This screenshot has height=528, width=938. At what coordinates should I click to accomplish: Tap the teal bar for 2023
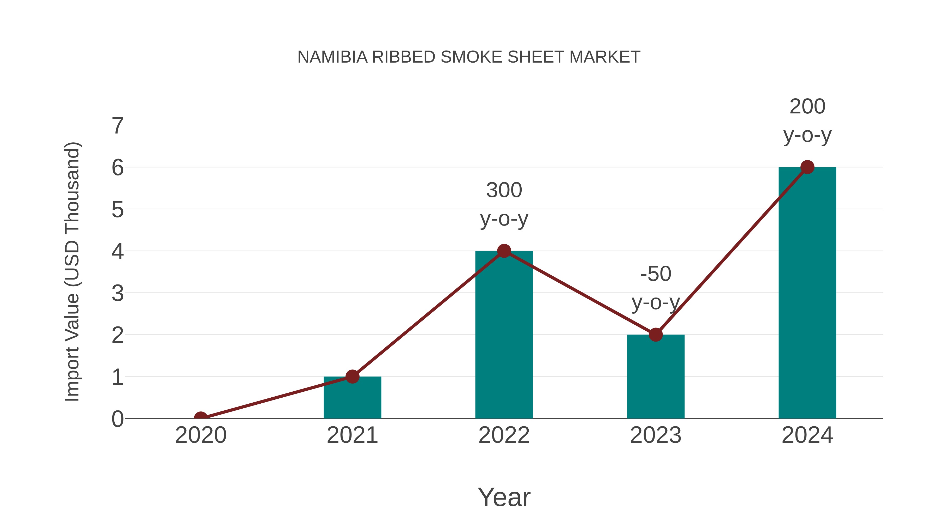tap(656, 377)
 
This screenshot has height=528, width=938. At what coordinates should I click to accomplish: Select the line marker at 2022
tap(504, 251)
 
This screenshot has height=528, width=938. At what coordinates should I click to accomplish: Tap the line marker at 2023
tap(656, 335)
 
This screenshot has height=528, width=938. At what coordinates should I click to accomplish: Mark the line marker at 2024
tap(807, 167)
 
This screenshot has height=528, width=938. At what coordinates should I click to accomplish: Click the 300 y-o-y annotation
tap(504, 204)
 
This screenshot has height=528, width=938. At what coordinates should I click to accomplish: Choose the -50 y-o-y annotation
tap(656, 288)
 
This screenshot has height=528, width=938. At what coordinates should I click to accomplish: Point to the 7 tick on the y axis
tap(118, 126)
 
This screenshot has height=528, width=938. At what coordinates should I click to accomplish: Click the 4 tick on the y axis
tap(118, 251)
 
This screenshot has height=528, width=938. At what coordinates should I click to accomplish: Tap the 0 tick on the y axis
tap(118, 419)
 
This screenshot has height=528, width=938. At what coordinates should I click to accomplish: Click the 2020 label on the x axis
tap(201, 435)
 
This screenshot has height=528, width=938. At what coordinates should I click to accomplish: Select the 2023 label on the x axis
tap(656, 435)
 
